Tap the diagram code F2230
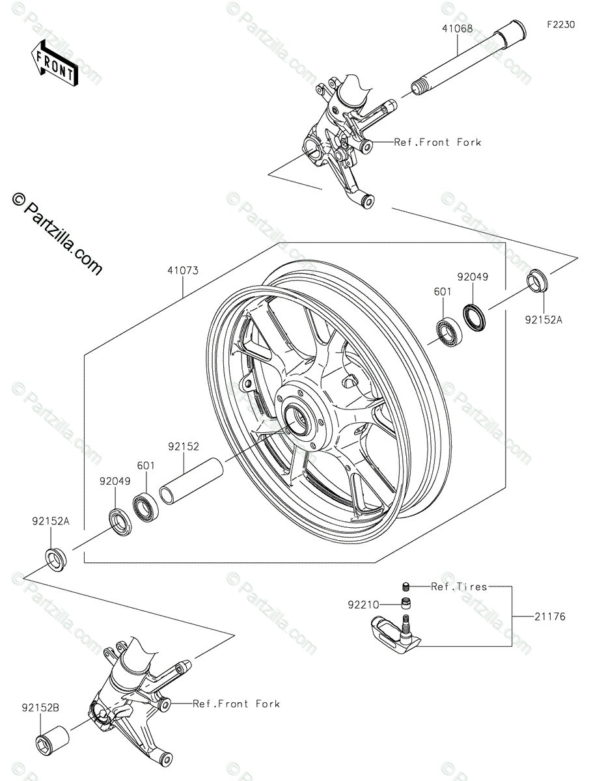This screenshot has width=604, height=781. [560, 25]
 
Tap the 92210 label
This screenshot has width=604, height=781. [363, 605]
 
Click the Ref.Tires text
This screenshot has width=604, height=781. [459, 586]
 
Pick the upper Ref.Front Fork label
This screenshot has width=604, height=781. [437, 142]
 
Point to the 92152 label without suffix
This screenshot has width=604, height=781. [184, 446]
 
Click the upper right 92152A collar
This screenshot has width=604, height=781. [538, 281]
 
